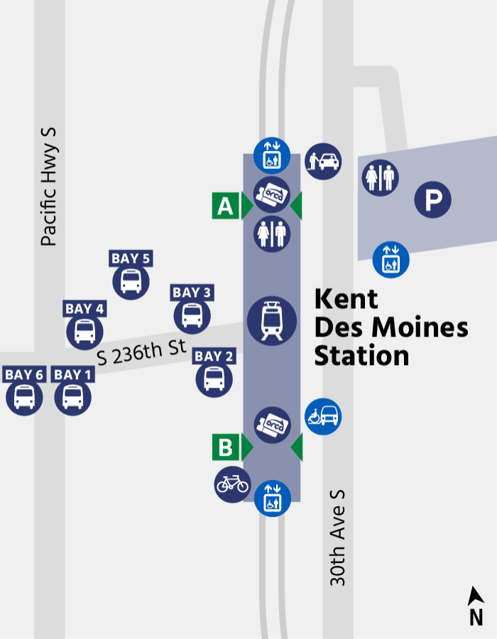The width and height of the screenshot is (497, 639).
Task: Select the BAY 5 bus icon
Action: point(131,281)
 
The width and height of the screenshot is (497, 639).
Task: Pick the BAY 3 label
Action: point(192,293)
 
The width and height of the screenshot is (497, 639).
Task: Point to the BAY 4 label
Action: point(84,309)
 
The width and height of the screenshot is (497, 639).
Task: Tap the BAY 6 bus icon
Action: point(24,397)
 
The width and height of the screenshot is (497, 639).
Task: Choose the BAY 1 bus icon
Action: point(72,397)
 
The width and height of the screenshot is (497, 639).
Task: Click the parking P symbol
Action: point(433,200)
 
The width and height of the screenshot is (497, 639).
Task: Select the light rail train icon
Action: point(272,320)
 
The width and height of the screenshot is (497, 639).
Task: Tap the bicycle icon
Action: point(232,484)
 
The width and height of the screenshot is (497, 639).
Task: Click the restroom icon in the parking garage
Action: point(381,177)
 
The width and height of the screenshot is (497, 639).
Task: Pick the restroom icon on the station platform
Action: point(272,234)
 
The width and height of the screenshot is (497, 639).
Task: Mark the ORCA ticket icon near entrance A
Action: point(272,194)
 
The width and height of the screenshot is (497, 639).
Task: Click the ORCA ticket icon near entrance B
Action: point(272,425)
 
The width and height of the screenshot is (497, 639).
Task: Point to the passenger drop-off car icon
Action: point(323,161)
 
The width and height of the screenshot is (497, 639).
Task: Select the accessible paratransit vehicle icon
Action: point(323,416)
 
